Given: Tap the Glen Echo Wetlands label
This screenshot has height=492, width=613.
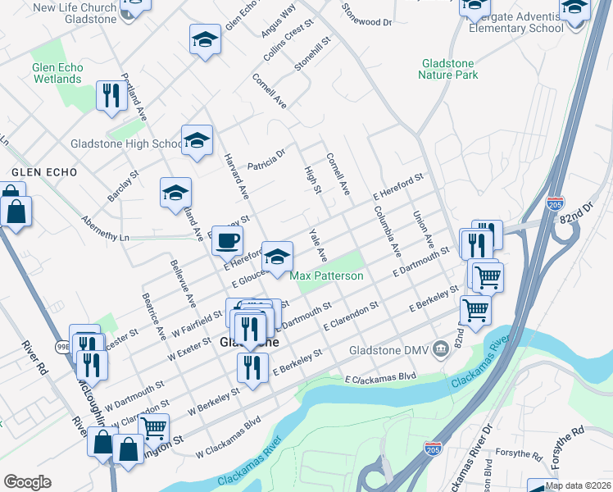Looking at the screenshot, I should click(x=57, y=74).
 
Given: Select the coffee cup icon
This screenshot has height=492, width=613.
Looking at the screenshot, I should click(x=227, y=240).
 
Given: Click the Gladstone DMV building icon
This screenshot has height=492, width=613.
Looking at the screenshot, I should click(x=440, y=349).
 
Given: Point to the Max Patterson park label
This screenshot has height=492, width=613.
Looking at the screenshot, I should click(x=326, y=276).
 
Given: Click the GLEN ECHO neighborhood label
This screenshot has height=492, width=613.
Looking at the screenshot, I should click(x=44, y=173).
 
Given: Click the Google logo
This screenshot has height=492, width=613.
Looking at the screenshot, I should click(x=27, y=482).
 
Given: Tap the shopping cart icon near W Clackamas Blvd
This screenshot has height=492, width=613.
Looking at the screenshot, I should click(x=153, y=427).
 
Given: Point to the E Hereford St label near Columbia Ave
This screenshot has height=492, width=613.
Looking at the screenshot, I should click(x=397, y=187).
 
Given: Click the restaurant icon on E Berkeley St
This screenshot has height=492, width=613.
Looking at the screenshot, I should click(x=252, y=367).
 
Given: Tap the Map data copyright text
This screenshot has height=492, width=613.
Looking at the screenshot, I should click(x=578, y=485).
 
